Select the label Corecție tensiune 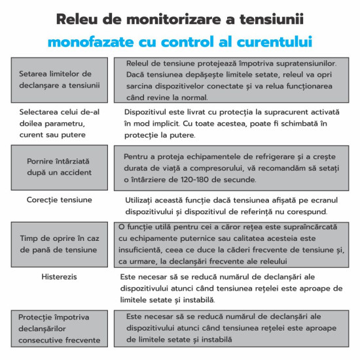tap(59, 199)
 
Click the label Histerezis tap(59, 276)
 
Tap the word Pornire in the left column tap(43, 161)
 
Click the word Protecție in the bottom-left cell tap(39, 317)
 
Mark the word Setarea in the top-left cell tap(34, 73)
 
